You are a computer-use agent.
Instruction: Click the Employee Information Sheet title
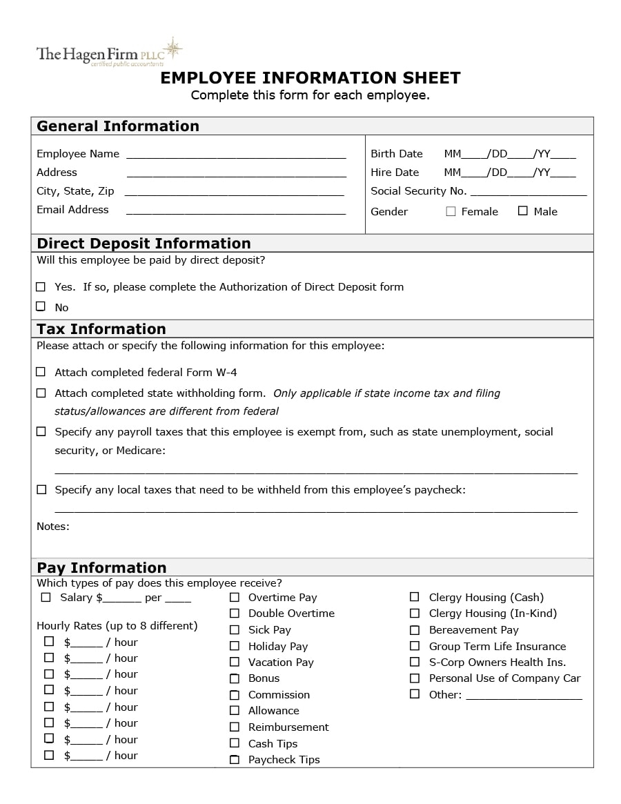pos(310,78)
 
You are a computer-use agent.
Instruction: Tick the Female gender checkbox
pos(451,212)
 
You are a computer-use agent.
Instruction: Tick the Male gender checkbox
pos(523,211)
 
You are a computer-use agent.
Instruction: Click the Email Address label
pos(72,210)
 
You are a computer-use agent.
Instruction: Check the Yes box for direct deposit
pos(41,287)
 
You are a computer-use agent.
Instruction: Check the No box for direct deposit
pos(41,306)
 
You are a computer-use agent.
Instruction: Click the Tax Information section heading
pos(101,329)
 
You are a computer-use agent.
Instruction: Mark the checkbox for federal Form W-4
pos(41,372)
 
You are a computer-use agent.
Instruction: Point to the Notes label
pos(53,527)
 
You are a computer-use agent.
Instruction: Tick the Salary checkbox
pos(46,598)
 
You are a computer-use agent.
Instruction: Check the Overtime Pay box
pos(235,598)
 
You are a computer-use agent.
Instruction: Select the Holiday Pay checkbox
pos(235,647)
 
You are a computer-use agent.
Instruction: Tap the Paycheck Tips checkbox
pos(235,760)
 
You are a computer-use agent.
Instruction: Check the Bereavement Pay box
pos(415,630)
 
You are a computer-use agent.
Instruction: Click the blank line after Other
pos(524,696)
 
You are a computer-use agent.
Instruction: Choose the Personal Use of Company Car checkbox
pos(415,678)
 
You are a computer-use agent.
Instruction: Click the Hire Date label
pos(395,173)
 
